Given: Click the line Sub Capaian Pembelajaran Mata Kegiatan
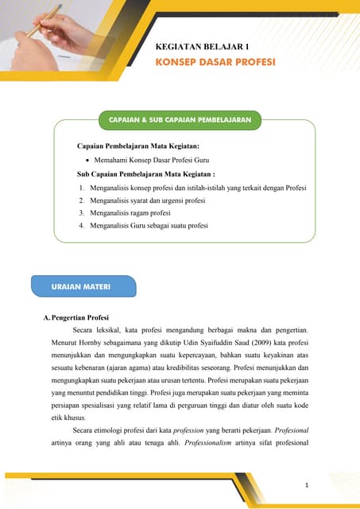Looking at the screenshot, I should (x=146, y=173).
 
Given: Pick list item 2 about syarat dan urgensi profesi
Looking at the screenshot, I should (x=147, y=200).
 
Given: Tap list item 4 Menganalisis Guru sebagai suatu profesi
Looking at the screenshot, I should (x=149, y=226).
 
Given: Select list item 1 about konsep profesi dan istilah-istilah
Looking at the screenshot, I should (x=198, y=188).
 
